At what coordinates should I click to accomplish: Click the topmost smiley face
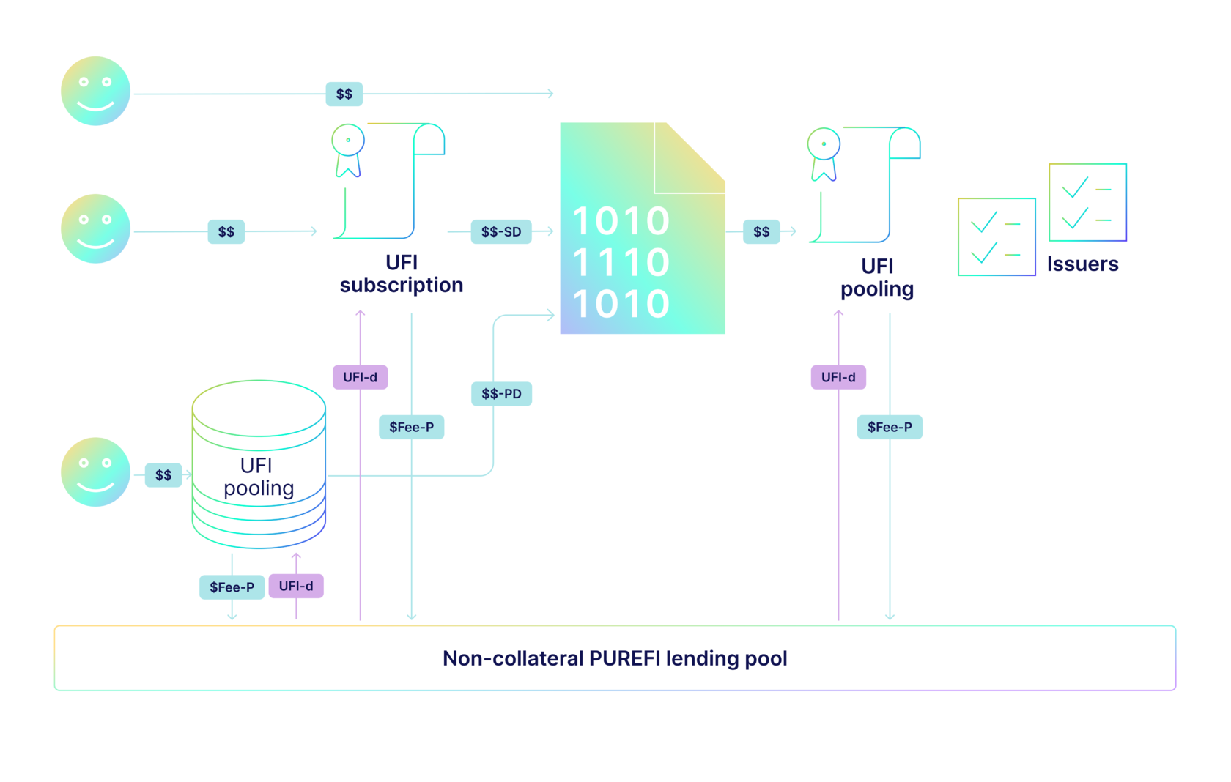(95, 91)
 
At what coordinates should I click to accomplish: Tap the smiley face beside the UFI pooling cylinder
(95, 472)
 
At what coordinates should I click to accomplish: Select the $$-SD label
(501, 232)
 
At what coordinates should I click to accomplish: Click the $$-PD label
(501, 394)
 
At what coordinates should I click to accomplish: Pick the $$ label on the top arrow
(344, 94)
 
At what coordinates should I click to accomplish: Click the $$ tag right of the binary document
(761, 232)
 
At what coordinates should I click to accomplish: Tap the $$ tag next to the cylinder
(163, 475)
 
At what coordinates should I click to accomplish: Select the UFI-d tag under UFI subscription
(360, 377)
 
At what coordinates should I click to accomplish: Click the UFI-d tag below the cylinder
(296, 586)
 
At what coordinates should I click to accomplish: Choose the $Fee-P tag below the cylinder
(232, 587)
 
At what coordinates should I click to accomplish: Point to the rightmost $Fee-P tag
(890, 427)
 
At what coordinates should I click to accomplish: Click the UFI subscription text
(402, 274)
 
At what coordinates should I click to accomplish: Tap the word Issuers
(1082, 264)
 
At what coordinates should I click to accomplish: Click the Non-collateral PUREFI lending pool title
(615, 658)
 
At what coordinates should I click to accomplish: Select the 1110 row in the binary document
(621, 262)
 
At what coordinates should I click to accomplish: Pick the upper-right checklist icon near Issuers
(1087, 202)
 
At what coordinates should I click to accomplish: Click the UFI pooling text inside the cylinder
(258, 477)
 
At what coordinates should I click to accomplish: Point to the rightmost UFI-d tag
(838, 377)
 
